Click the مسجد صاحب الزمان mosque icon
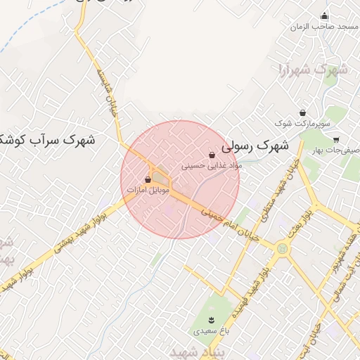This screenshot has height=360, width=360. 324,16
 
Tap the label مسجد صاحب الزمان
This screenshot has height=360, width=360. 324,26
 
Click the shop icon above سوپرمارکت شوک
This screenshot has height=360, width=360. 302,113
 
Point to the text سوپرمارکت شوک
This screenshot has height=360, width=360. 302,124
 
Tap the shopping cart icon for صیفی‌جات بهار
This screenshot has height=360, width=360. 337,139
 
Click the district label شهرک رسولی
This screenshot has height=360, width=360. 255,148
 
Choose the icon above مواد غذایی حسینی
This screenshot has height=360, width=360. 212,155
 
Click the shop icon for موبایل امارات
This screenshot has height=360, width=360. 148,180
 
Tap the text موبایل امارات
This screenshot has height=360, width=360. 146,191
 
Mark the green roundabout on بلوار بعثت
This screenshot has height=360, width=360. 283,247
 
